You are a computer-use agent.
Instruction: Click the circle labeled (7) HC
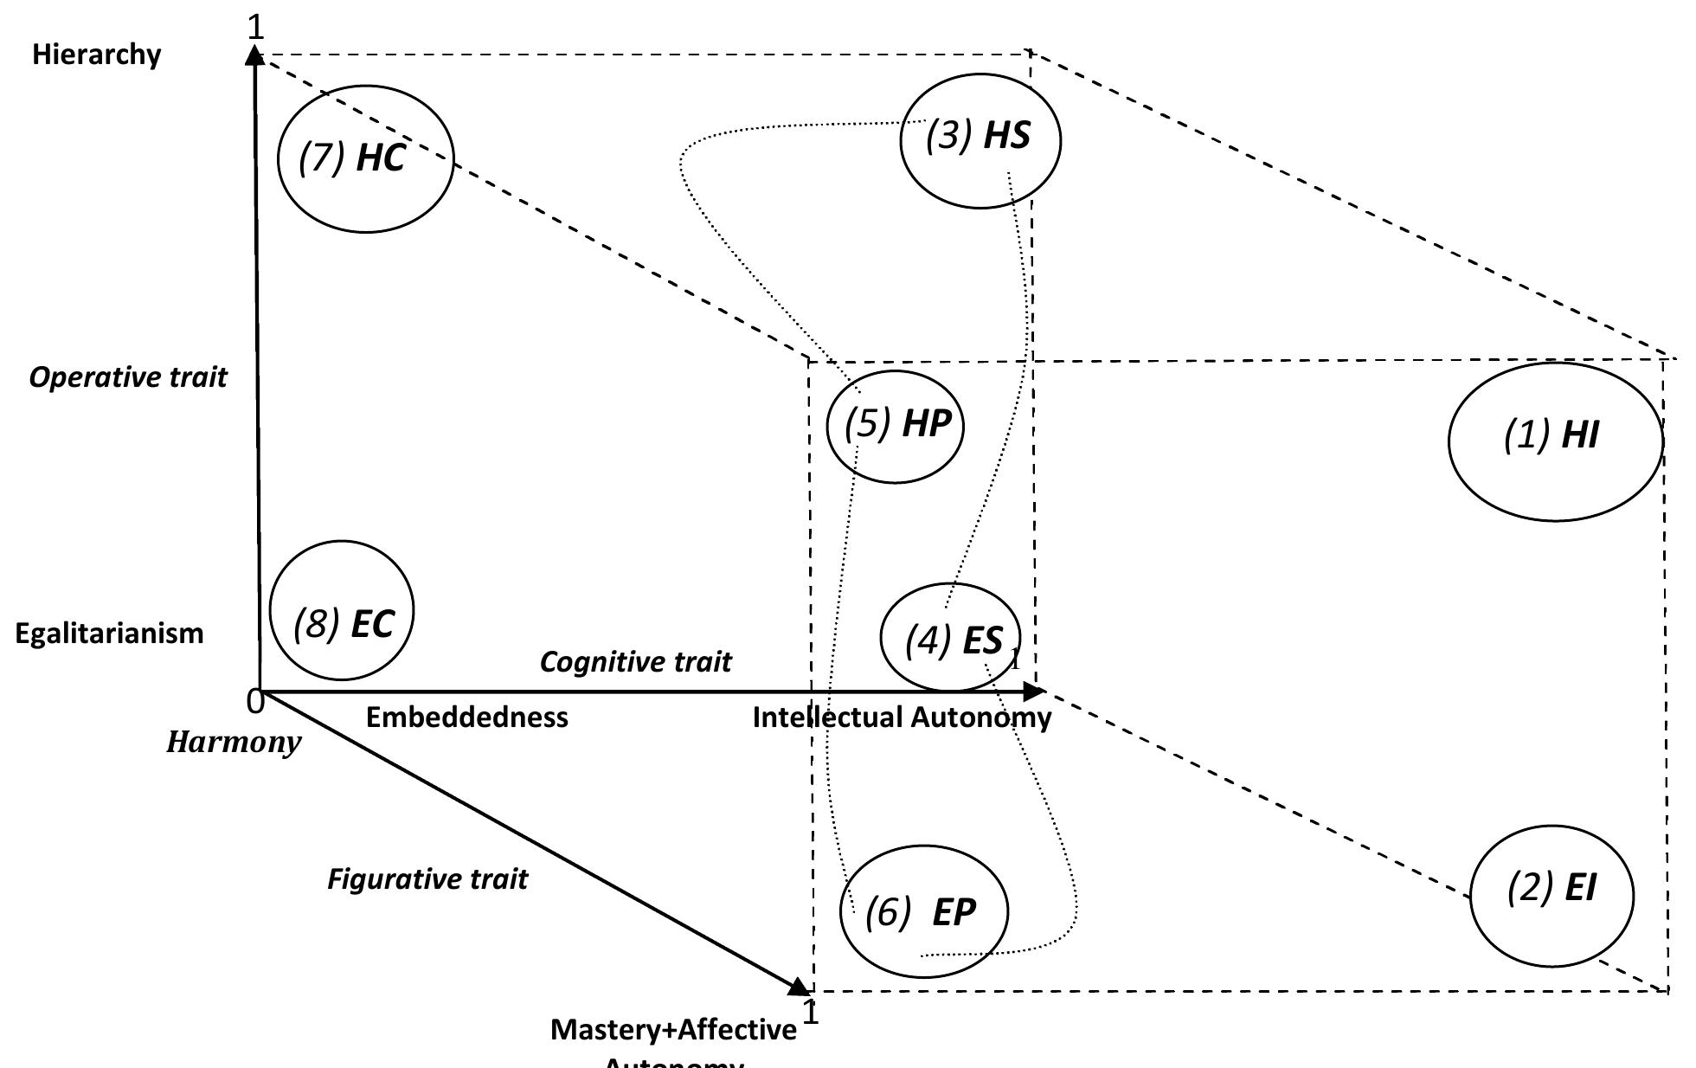365,159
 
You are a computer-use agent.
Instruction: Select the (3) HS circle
980,139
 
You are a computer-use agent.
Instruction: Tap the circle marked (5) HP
896,426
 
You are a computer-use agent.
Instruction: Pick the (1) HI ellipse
1555,441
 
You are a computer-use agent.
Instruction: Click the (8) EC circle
343,611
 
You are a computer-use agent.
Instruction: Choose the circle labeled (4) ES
950,638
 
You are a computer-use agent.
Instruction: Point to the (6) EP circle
924,911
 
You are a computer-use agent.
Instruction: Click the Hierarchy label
96,55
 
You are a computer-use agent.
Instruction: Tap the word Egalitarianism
109,634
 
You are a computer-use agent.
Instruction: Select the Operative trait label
127,377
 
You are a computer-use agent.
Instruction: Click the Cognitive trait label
635,662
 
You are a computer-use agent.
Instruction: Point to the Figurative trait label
427,879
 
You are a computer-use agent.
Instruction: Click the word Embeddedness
466,717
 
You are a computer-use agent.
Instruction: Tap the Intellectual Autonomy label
902,717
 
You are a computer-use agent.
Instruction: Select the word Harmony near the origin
234,743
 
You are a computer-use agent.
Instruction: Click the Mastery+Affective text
673,1030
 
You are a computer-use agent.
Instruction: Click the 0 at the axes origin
254,702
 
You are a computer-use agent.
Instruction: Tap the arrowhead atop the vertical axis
254,56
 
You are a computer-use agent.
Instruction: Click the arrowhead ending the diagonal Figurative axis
800,987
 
